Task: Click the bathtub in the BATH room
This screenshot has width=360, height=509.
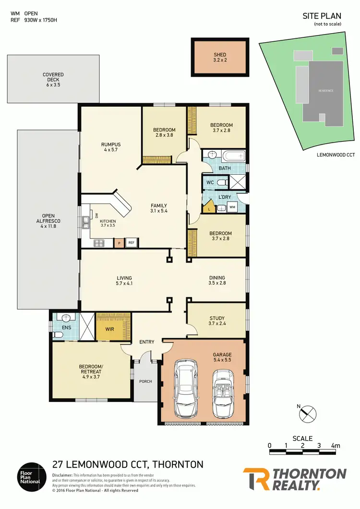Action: [232, 156]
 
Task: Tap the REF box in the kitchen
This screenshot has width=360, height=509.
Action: [131, 243]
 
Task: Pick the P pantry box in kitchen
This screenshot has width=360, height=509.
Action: [119, 243]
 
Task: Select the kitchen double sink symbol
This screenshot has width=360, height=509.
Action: [85, 223]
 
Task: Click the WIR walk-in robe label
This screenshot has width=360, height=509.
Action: [110, 329]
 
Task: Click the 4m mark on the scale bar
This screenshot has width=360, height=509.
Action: [335, 446]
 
